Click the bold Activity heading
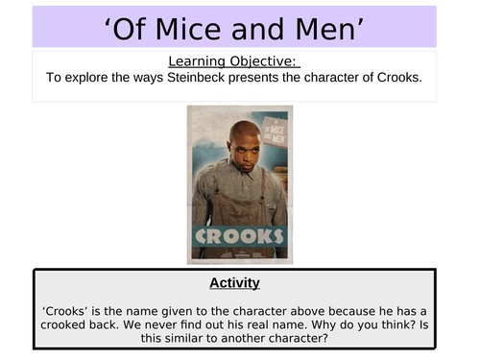click(x=235, y=283)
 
